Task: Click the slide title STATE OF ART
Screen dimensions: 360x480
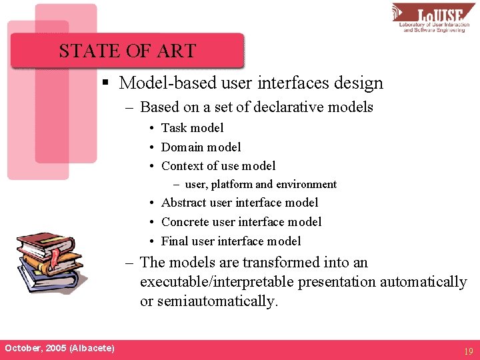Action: [127, 51]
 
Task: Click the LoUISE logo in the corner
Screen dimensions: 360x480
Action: [434, 17]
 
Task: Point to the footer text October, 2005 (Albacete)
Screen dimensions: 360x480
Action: [59, 348]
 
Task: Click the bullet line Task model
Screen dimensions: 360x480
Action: [192, 128]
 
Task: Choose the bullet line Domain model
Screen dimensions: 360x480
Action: [201, 147]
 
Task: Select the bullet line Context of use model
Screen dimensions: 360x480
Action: [218, 166]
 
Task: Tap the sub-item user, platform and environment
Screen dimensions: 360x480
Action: [260, 185]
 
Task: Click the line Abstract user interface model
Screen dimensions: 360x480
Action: [239, 203]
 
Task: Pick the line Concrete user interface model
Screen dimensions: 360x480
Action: [241, 222]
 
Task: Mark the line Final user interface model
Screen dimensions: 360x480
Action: [231, 241]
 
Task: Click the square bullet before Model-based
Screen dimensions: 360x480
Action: [105, 83]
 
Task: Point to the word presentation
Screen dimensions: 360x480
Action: [337, 282]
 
